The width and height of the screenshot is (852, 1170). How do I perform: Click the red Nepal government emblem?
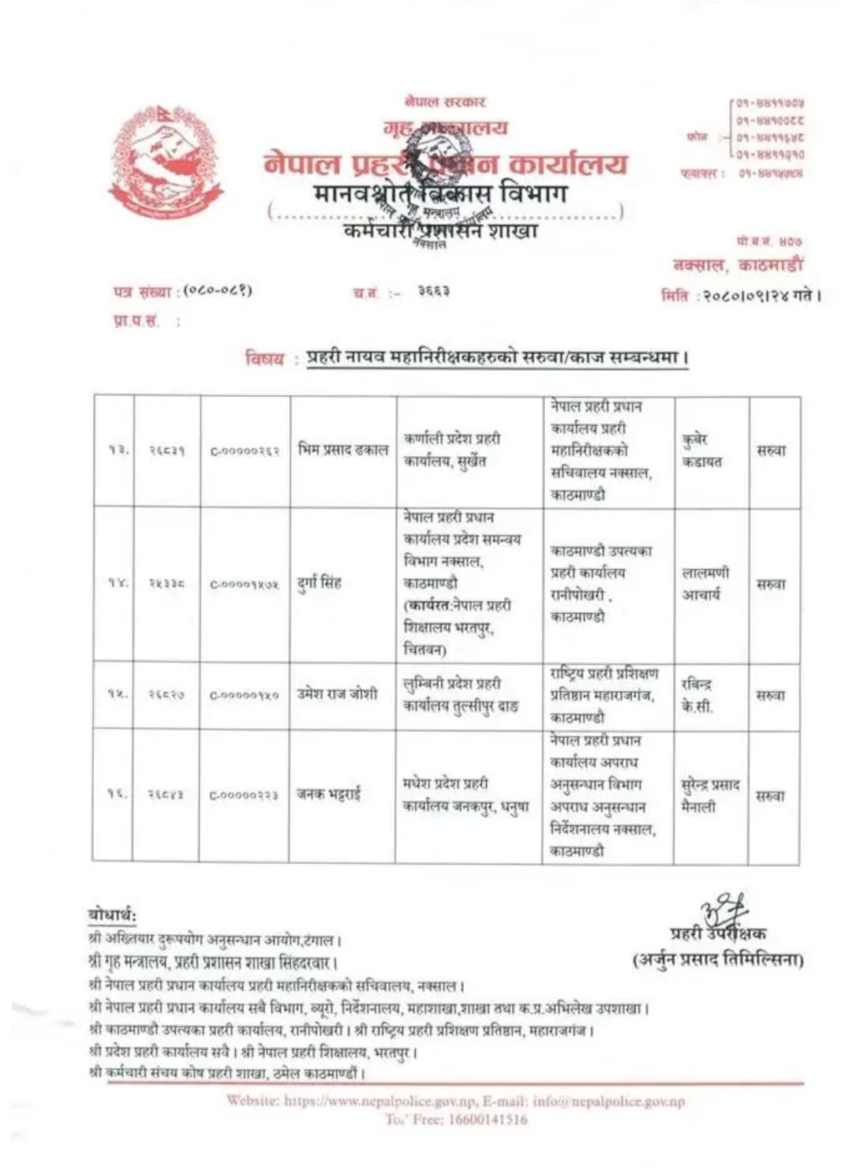click(166, 163)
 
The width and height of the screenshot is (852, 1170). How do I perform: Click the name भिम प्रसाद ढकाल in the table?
click(343, 450)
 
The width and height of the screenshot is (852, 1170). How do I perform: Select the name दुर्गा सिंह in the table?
click(319, 583)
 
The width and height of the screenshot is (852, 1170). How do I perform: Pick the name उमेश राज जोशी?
click(337, 694)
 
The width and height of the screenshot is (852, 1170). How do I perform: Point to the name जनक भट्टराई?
click(329, 794)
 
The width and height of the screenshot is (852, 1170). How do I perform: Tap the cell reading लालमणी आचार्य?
click(705, 583)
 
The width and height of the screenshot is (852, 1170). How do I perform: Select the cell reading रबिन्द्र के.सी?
click(697, 695)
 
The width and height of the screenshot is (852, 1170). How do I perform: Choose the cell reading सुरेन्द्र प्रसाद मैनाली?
click(710, 795)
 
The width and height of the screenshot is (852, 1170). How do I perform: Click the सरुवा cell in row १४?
click(772, 584)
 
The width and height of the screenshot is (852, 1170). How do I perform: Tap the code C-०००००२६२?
click(245, 450)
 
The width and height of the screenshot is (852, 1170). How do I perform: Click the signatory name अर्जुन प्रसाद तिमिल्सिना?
click(719, 960)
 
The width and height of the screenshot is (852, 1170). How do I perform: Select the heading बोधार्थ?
click(112, 915)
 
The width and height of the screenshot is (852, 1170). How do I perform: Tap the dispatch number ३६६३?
click(434, 291)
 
